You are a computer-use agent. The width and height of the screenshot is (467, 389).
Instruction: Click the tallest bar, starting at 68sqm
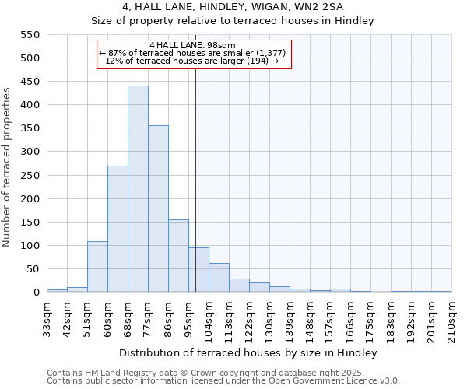point(138,189)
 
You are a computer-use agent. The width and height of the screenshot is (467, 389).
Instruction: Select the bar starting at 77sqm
point(158,209)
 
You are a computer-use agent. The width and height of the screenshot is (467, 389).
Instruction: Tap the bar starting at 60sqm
point(118,229)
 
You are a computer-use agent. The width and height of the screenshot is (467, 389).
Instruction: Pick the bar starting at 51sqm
point(97,267)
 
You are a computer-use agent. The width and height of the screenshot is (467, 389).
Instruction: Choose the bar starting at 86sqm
point(178,256)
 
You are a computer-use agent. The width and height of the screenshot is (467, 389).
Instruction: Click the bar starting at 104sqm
point(219,278)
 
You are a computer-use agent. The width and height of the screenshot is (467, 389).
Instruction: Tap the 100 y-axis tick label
point(30,246)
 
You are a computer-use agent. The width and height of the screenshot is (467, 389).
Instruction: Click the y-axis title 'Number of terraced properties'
point(8,167)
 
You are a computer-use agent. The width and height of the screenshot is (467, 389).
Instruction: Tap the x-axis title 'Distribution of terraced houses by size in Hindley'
point(248,353)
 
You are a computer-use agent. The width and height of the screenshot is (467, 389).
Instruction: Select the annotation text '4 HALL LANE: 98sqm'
point(192,45)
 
